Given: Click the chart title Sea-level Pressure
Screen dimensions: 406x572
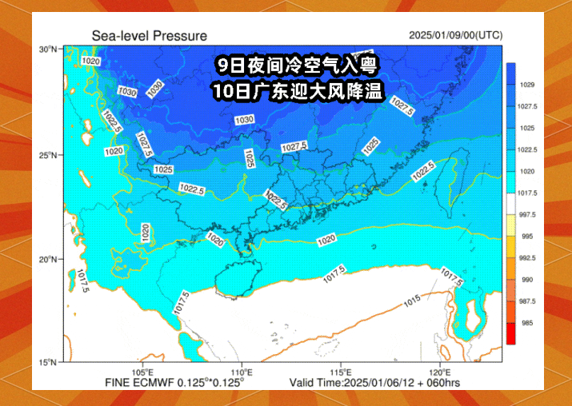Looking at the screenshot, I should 149,36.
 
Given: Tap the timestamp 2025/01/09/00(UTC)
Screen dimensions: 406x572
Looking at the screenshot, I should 455,35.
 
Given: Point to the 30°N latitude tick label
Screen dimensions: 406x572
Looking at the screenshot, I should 48,50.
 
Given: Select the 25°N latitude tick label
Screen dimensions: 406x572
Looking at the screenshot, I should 48,154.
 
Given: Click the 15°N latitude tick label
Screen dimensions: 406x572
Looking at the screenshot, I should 48,363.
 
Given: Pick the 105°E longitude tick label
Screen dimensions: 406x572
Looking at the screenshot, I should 143,372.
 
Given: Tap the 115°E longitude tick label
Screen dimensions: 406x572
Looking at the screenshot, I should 342,372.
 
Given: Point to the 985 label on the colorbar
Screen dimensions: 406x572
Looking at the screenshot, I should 528,323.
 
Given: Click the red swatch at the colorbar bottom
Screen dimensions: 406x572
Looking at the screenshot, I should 510,334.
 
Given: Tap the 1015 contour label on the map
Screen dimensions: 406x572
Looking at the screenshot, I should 412,301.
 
